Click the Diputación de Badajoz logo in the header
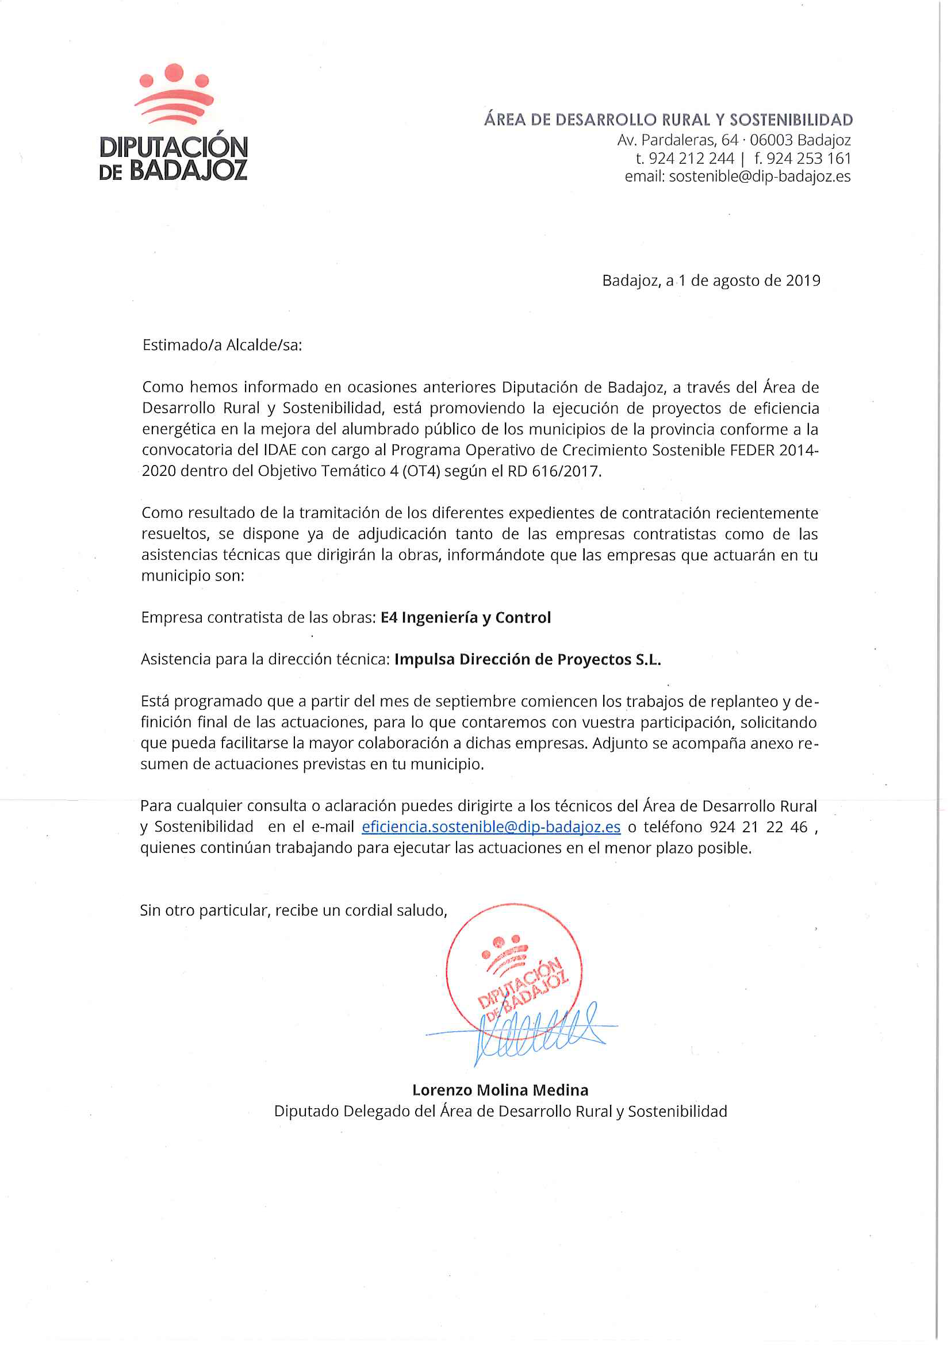tap(174, 122)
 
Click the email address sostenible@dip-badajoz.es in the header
tap(760, 176)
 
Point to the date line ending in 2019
tap(711, 280)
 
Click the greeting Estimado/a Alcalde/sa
tap(222, 345)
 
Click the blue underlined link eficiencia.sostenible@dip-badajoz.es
tap(491, 827)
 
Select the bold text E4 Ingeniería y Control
tap(466, 617)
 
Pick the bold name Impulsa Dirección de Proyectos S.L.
tap(527, 660)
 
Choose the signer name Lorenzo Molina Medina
tap(500, 1090)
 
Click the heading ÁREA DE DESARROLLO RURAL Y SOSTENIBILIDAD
tap(668, 120)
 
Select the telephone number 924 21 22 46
tap(758, 827)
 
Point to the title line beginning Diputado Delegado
tap(500, 1111)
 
